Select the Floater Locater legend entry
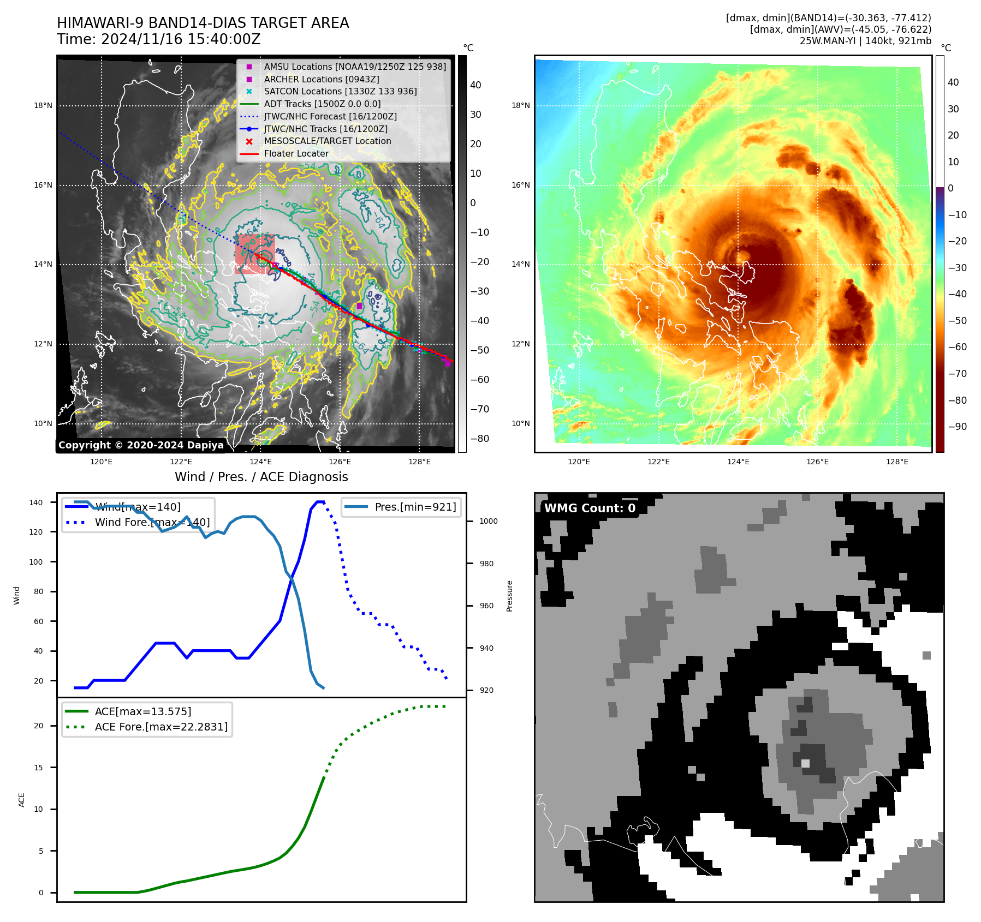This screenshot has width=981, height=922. tap(296, 153)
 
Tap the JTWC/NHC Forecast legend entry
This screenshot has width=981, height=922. tap(330, 116)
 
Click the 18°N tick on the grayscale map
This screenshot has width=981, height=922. tap(43, 106)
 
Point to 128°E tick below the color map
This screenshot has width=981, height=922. tap(897, 462)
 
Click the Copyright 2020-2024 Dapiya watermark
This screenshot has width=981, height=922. tap(141, 445)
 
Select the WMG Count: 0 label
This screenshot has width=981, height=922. tap(590, 508)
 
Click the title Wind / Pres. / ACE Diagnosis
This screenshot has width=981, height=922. tap(261, 477)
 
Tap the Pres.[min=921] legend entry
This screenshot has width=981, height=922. tap(415, 507)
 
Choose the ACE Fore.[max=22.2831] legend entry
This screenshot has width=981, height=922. tap(161, 727)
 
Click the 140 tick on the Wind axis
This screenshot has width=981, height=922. tap(36, 502)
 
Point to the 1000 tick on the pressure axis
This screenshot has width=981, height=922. tap(488, 521)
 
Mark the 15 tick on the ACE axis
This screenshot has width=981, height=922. tap(38, 768)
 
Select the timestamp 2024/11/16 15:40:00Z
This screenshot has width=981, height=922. tap(180, 40)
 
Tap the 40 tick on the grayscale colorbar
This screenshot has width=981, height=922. tap(475, 85)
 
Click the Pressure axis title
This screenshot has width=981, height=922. tap(509, 596)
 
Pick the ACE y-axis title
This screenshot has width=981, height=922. tap(22, 800)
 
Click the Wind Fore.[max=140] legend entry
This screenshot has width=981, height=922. tap(152, 522)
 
